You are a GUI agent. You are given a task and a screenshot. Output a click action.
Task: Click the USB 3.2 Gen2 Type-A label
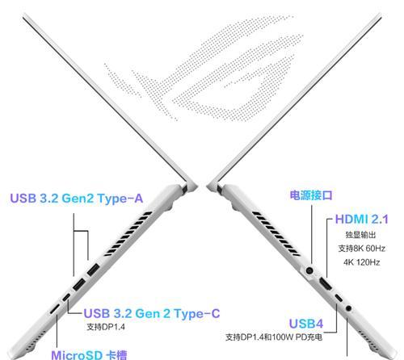(x=77, y=199)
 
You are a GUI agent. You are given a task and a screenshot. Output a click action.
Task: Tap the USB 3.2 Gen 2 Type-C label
(x=152, y=313)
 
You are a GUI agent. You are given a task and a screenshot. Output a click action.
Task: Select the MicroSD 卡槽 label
(x=89, y=355)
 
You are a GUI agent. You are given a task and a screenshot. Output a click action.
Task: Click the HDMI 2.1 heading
(x=361, y=220)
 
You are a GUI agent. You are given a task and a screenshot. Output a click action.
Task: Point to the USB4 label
(x=306, y=324)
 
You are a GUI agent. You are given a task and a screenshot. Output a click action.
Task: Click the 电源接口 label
(x=311, y=195)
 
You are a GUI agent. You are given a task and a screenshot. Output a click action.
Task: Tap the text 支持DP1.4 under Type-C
(x=106, y=327)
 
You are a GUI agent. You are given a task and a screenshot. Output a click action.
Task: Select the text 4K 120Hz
(x=361, y=262)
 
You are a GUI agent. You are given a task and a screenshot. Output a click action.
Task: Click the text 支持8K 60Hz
(x=361, y=249)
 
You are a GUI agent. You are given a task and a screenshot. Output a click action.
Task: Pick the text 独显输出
(x=360, y=235)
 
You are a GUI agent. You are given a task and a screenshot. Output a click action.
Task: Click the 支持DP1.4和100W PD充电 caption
(x=274, y=337)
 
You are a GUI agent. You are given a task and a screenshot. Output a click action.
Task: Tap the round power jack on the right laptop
(x=309, y=270)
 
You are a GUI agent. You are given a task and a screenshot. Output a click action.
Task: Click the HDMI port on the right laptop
(x=325, y=285)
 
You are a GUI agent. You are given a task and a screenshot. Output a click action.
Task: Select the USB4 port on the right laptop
(x=339, y=298)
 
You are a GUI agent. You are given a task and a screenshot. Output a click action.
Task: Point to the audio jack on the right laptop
(x=348, y=308)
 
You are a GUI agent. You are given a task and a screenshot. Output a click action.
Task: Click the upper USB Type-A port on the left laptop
(x=93, y=270)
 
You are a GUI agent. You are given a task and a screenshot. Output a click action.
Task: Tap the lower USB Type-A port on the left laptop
(x=79, y=285)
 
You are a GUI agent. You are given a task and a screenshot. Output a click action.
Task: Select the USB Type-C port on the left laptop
(x=66, y=298)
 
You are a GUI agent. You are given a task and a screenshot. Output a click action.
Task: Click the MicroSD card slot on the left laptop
(x=55, y=309)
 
